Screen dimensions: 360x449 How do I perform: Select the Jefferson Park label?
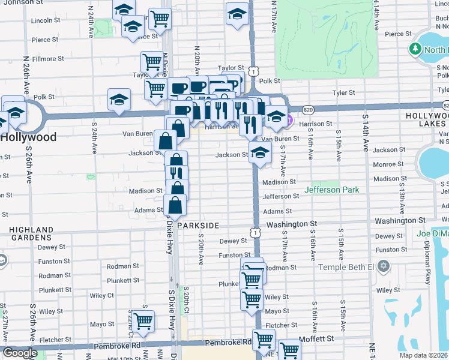tap(332, 190)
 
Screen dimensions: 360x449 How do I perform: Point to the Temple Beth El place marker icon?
tap(384, 266)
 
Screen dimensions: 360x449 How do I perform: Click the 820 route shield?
tap(308, 110)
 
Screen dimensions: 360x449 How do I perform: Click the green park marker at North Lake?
tap(414, 49)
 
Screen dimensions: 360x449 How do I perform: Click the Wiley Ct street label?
tap(102, 295)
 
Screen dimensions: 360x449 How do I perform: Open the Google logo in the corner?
tap(20, 353)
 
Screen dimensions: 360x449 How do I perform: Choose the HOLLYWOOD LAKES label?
tap(427, 119)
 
